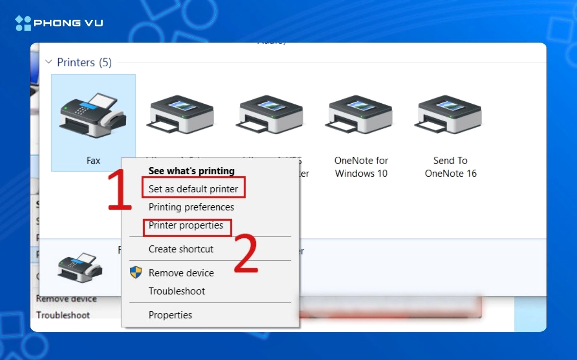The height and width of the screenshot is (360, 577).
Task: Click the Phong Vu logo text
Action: click(68, 23)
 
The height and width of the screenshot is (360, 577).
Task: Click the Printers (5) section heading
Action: click(84, 62)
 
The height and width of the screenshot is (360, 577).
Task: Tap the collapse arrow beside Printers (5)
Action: click(49, 62)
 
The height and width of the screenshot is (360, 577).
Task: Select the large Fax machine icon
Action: click(93, 115)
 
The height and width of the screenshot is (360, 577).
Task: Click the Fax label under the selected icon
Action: click(93, 161)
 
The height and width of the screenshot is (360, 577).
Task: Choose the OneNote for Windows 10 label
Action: click(361, 167)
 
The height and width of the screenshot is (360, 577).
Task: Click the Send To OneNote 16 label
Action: click(450, 167)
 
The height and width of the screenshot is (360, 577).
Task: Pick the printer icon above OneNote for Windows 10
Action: click(360, 115)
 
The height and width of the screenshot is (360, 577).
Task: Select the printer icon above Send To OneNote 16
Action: click(449, 115)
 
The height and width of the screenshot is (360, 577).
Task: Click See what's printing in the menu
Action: click(191, 171)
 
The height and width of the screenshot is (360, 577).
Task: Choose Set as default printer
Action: click(193, 189)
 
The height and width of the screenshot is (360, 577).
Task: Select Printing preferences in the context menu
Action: click(191, 207)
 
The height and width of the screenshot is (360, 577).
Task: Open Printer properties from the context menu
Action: click(186, 225)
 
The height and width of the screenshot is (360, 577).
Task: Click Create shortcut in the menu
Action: click(181, 249)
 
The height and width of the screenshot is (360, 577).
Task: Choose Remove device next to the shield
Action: click(181, 273)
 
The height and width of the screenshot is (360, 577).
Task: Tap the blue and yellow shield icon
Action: click(136, 272)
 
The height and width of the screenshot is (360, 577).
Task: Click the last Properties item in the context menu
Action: click(170, 315)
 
